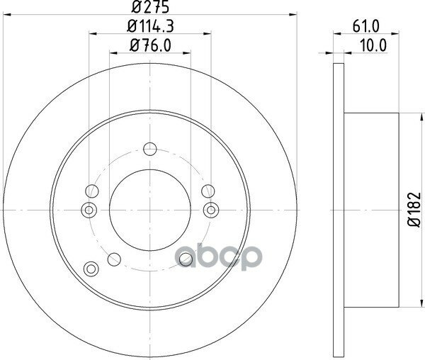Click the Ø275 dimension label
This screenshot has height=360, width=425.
(150, 6)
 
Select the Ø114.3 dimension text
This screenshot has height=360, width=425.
(150, 26)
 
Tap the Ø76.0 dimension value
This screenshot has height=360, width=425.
(150, 45)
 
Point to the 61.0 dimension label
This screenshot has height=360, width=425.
(366, 26)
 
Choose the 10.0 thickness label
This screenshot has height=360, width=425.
(373, 45)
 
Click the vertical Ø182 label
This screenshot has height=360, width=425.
(414, 210)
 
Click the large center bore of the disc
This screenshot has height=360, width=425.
(150, 210)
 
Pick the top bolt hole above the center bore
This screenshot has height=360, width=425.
(150, 149)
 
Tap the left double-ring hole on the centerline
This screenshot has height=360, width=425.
(89, 210)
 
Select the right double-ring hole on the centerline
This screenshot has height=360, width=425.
(211, 210)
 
